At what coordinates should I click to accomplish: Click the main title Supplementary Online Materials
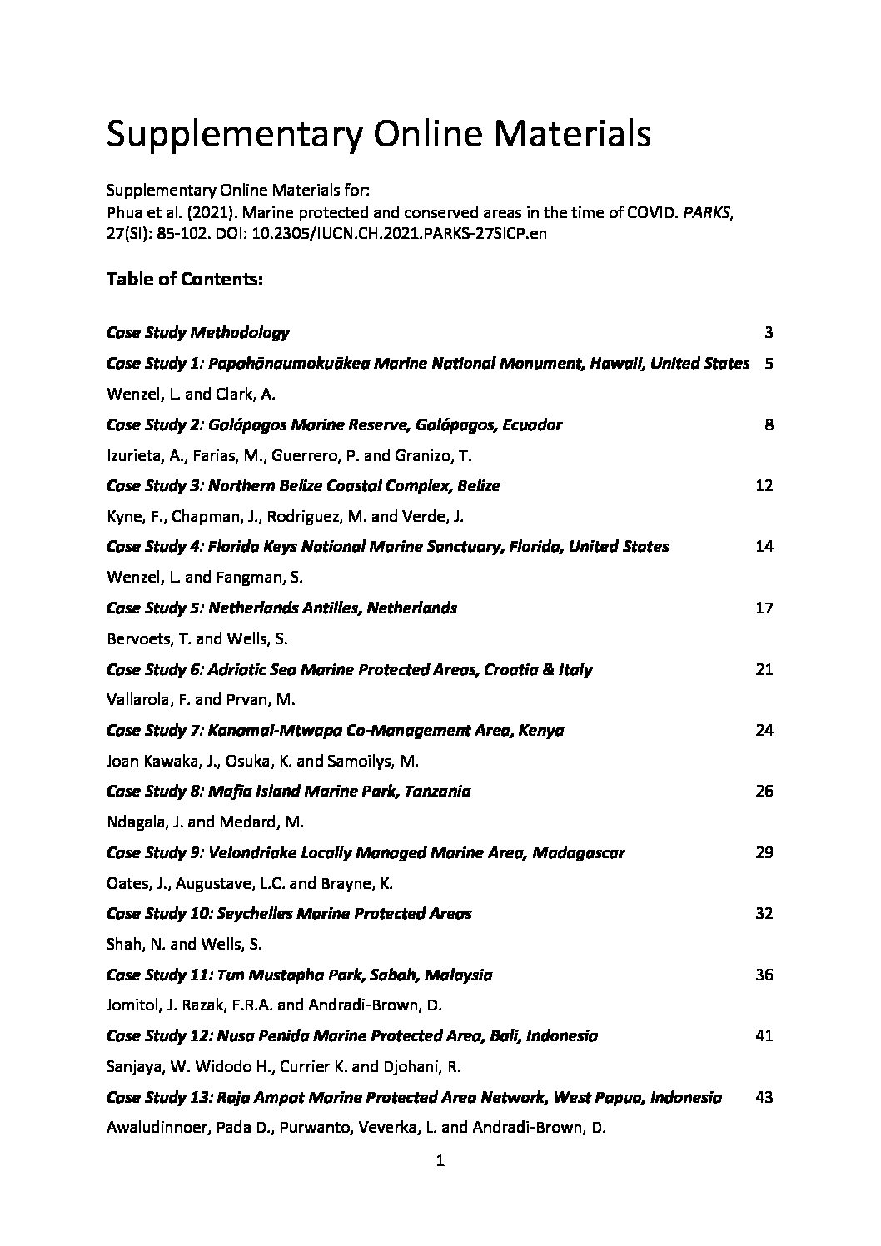pyautogui.click(x=378, y=134)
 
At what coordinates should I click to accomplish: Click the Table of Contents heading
pyautogui.click(x=185, y=280)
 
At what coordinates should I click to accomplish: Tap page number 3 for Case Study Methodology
pyautogui.click(x=768, y=333)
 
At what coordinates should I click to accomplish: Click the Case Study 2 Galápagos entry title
pyautogui.click(x=334, y=425)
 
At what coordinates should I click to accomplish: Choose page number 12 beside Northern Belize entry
pyautogui.click(x=764, y=485)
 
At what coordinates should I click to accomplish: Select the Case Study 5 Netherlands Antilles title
pyautogui.click(x=281, y=608)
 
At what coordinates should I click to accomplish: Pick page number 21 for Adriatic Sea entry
pyautogui.click(x=764, y=669)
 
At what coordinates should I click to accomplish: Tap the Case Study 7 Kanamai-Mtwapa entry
pyautogui.click(x=335, y=731)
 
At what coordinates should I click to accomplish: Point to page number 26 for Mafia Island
pyautogui.click(x=764, y=791)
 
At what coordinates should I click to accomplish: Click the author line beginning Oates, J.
pyautogui.click(x=255, y=883)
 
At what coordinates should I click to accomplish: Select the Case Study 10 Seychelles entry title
pyautogui.click(x=289, y=914)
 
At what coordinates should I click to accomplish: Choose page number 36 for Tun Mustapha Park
pyautogui.click(x=764, y=975)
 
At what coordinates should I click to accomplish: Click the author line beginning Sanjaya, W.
pyautogui.click(x=284, y=1066)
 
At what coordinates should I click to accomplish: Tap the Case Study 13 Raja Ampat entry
pyautogui.click(x=414, y=1098)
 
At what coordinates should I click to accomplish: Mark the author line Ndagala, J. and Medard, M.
pyautogui.click(x=205, y=822)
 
